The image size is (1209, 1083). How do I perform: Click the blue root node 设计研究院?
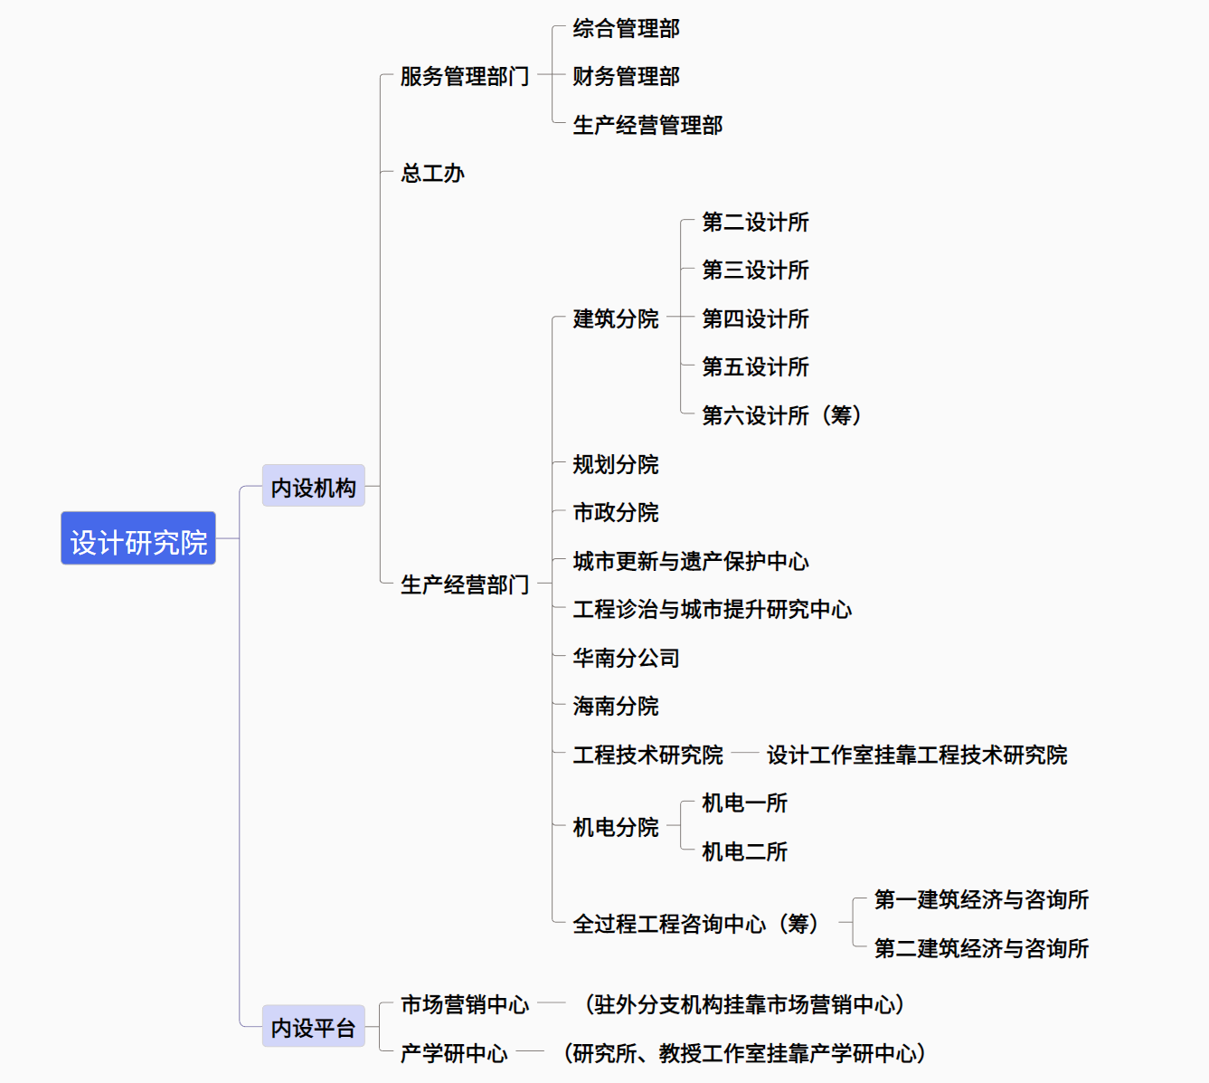pos(137,538)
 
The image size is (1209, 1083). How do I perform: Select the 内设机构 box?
pos(313,485)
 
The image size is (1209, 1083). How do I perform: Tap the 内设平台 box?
pos(313,1026)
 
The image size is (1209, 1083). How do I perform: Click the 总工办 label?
pos(432,173)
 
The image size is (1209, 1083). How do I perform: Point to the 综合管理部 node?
pos(626,28)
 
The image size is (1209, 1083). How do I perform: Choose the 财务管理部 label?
pos(626,76)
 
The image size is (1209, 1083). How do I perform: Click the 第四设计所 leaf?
pos(755,318)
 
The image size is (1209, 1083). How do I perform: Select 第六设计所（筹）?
pos(781,415)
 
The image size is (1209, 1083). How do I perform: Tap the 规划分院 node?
pos(615,464)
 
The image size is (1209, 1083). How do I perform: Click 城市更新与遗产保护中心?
pos(691,561)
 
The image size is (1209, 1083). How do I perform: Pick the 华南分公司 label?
pos(626,658)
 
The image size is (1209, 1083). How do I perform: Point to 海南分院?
pos(615,706)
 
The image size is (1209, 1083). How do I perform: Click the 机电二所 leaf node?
pos(744,851)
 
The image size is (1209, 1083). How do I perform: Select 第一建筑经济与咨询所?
pos(981,899)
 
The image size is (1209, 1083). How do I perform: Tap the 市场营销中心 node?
pos(464,1004)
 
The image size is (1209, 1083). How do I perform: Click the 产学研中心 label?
pos(454,1053)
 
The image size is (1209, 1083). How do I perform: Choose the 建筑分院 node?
pos(615,318)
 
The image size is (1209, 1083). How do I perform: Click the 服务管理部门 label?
pos(464,76)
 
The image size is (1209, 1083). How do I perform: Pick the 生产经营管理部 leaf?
pos(647,125)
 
